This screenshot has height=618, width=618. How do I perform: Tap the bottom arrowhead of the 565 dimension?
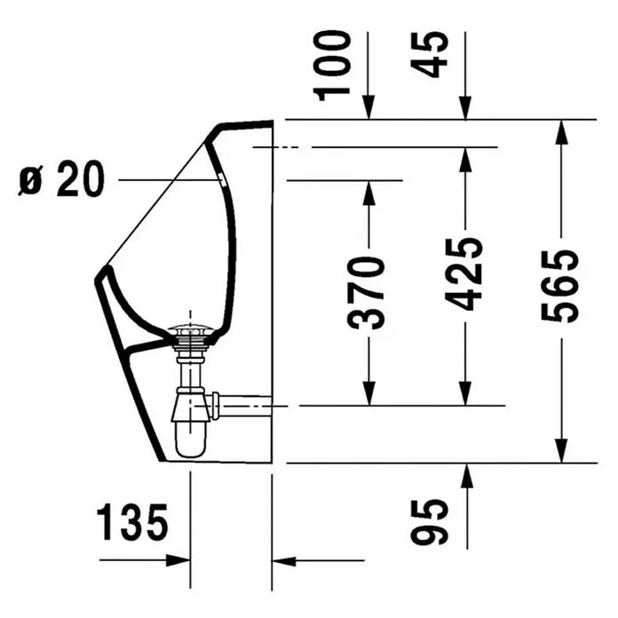point(560,452)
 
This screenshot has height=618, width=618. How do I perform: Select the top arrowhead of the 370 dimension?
point(367,190)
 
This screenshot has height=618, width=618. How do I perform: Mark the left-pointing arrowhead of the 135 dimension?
point(282,560)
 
